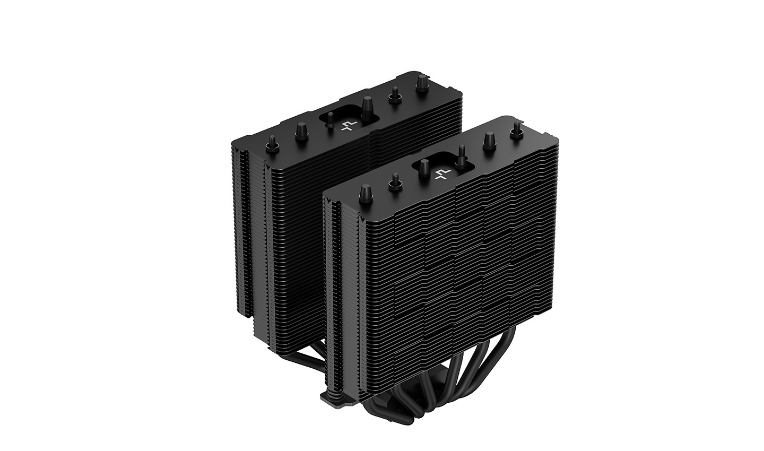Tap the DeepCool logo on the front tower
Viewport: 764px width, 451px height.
pyautogui.click(x=442, y=173)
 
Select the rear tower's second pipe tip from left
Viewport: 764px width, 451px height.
pyautogui.click(x=301, y=129)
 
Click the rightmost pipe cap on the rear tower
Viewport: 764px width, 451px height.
pyautogui.click(x=422, y=82)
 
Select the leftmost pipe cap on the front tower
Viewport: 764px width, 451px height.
pyautogui.click(x=365, y=192)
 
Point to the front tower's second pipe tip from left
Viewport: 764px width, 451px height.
pyautogui.click(x=395, y=181)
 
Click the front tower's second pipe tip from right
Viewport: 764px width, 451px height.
pyautogui.click(x=488, y=140)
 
